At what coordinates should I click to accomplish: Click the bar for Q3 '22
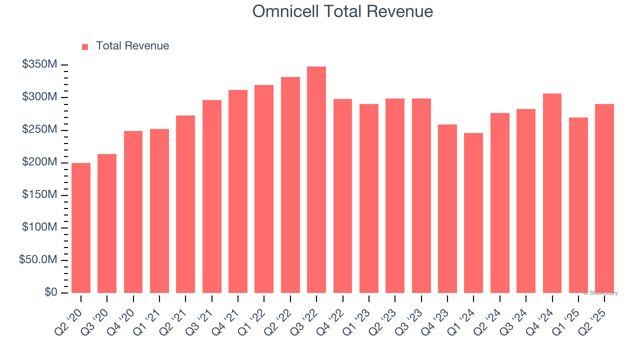tap(316, 180)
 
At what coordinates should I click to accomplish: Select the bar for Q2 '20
tap(81, 228)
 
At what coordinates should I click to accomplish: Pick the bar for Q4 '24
tap(552, 193)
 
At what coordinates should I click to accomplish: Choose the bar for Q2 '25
tap(604, 198)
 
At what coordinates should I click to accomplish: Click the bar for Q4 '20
tap(133, 212)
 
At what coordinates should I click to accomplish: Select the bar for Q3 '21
tap(212, 196)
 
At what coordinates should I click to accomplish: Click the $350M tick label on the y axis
tap(39, 64)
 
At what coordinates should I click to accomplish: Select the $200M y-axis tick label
tap(39, 162)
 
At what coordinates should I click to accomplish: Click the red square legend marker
tap(85, 46)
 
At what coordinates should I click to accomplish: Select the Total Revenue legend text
tap(132, 46)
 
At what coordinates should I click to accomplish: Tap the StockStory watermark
tap(600, 293)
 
